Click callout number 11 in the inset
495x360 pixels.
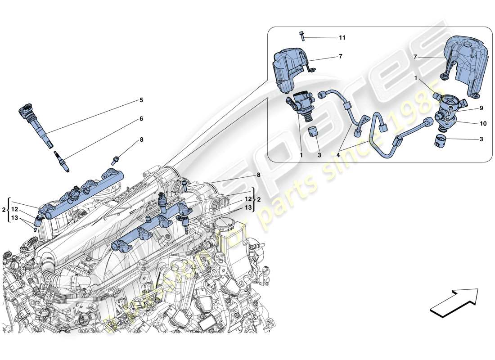coord(342,38)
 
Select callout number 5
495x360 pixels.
coord(141,100)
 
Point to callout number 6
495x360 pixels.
coord(141,119)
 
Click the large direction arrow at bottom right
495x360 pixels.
coord(454,300)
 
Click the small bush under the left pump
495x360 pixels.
coord(313,134)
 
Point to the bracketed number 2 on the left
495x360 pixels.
coord(4,209)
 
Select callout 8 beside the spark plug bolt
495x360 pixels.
coord(141,140)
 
